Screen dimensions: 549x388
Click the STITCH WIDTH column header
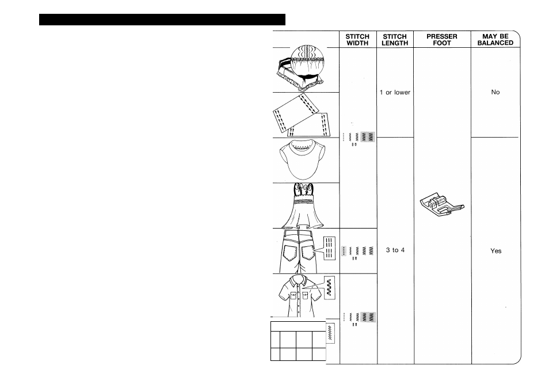pos(357,39)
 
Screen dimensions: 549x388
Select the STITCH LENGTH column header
pos(395,39)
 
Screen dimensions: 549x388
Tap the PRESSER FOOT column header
pos(442,39)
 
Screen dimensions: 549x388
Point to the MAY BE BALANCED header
pos(495,39)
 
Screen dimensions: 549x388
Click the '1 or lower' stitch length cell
pos(395,93)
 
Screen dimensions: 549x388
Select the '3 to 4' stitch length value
pos(395,250)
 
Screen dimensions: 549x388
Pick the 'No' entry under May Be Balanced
pos(495,92)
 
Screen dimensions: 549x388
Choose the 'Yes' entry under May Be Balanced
pos(495,251)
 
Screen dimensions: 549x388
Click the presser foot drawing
pos(442,204)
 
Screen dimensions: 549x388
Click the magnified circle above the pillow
pos(308,58)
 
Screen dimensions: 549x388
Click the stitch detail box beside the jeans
pos(329,248)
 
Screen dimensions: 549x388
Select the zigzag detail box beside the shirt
pos(330,286)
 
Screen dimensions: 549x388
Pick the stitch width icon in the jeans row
pos(357,251)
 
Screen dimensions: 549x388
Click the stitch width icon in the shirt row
pos(357,317)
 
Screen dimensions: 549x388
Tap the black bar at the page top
pos(162,20)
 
